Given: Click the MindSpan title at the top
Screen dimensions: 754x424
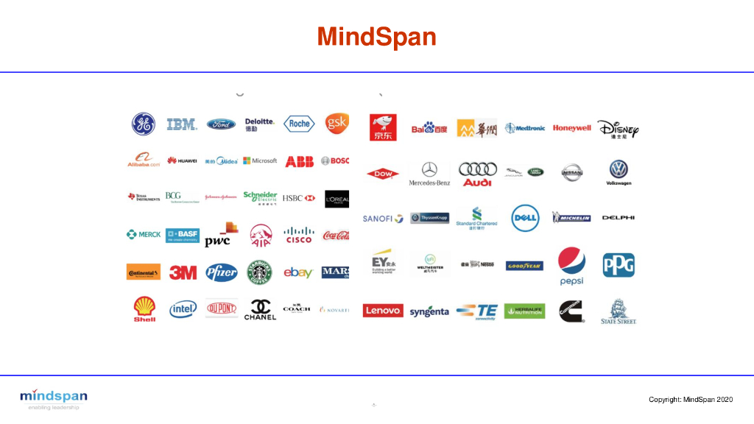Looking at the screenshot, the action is (376, 36).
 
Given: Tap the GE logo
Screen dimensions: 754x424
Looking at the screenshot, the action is (144, 124).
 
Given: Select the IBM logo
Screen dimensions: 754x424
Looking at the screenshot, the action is (182, 124).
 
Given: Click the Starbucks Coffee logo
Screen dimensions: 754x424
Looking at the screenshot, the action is (259, 272).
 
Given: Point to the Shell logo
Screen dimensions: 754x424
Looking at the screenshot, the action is (144, 309).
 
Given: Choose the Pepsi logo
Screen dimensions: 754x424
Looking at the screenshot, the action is (571, 266).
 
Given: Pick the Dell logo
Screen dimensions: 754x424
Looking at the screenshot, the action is (526, 218).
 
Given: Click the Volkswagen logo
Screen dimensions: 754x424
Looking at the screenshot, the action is (619, 172).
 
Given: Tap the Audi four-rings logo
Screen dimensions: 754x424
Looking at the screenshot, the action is (477, 173).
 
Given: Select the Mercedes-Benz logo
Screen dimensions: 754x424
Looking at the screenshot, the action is (429, 173).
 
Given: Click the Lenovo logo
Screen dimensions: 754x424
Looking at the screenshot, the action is (383, 311).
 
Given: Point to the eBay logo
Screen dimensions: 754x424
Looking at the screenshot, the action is (298, 272).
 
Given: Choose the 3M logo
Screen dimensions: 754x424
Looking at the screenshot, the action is (183, 272).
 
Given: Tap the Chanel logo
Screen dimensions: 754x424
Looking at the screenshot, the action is (260, 309).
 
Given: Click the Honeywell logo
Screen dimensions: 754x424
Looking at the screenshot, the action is (572, 128).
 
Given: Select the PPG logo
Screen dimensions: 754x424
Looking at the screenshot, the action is (619, 265).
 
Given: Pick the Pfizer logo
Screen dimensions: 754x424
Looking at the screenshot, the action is (221, 272).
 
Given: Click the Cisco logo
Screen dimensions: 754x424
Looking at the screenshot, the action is (299, 235).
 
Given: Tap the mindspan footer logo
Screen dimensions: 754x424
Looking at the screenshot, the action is (54, 398).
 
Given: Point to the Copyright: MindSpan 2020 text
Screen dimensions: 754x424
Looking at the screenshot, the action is (691, 399).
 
